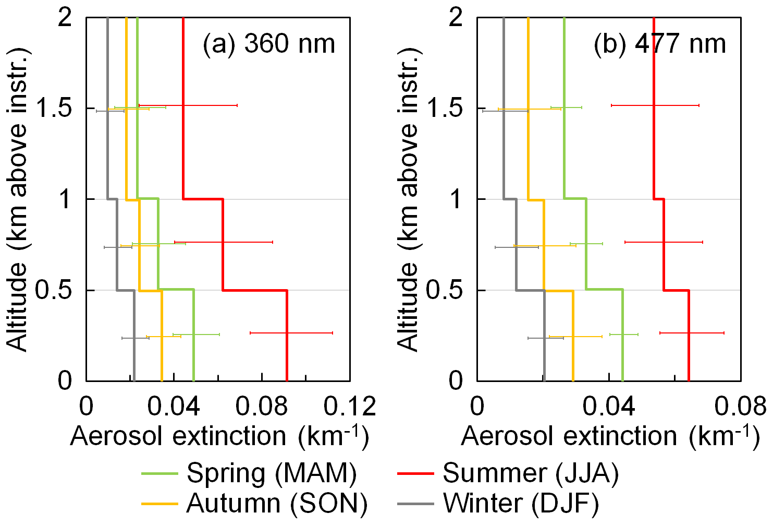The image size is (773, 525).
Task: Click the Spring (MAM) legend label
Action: tap(272, 473)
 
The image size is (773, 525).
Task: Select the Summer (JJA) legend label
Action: tap(531, 473)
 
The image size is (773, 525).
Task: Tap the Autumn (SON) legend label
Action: tap(277, 503)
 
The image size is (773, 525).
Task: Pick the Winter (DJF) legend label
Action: tap(521, 503)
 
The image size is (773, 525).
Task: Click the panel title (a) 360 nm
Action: tap(268, 44)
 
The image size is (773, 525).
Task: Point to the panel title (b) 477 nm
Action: tap(659, 44)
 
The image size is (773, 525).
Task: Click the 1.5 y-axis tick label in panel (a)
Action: tap(55, 109)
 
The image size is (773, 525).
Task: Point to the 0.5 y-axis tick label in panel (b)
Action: tap(445, 290)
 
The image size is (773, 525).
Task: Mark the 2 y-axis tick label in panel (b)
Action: tap(456, 18)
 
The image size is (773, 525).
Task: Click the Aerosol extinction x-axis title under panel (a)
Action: tap(219, 436)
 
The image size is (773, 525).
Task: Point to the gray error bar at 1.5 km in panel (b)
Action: tap(505, 111)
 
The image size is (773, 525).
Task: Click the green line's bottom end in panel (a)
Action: tap(193, 379)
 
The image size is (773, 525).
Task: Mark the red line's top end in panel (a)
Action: tap(183, 19)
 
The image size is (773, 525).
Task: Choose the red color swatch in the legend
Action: tap(415, 473)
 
